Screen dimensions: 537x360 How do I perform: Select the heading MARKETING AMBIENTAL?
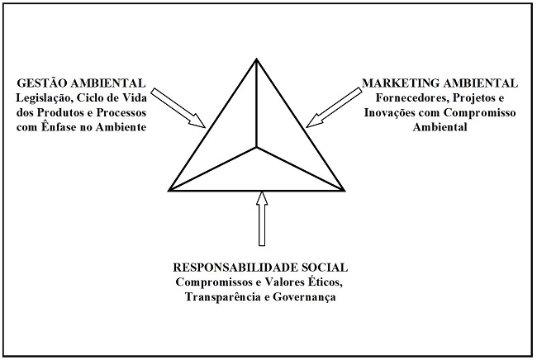click(440, 83)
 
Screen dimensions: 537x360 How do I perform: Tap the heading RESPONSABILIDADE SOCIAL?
click(259, 268)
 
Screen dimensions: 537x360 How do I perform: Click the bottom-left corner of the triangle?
click(169, 191)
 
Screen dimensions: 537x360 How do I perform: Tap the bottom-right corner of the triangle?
click(344, 191)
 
